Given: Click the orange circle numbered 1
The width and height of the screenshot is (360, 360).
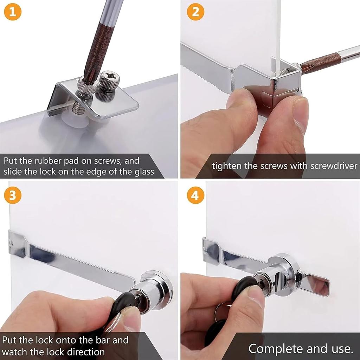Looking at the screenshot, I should (13, 13).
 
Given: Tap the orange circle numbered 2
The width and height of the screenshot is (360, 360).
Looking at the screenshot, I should (195, 13).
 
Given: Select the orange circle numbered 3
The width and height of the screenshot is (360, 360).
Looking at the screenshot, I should (13, 196).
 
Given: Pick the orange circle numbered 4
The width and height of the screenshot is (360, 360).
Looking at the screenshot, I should (195, 196).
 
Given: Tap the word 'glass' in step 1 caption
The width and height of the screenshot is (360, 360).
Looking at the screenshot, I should (141, 172).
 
